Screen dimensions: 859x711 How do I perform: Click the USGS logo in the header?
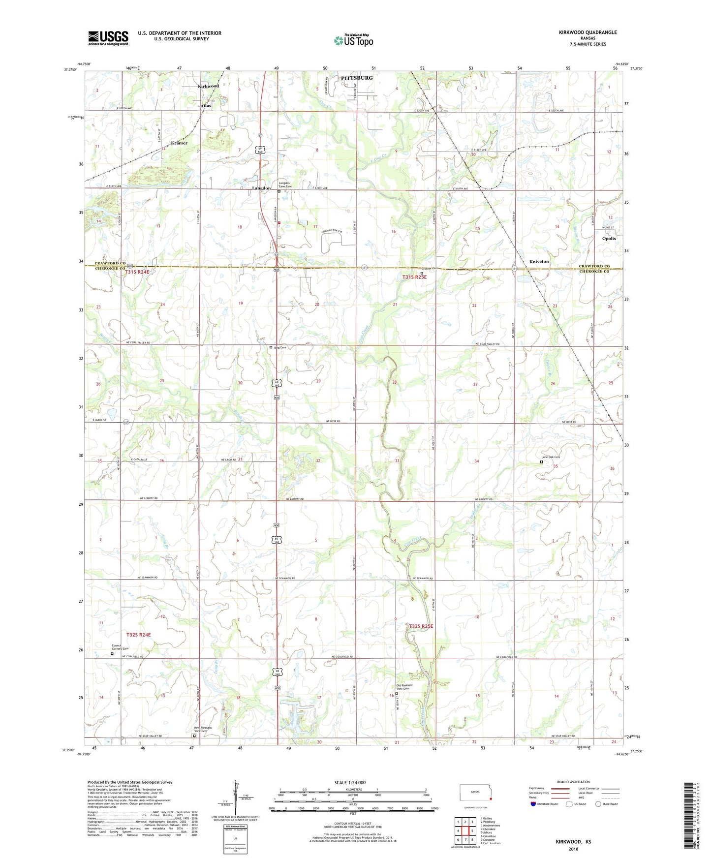(x=108, y=38)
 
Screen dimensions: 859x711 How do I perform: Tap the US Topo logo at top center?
(x=353, y=40)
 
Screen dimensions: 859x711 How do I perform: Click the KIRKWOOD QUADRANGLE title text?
(x=587, y=32)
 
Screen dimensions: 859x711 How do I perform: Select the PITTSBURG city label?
(x=357, y=78)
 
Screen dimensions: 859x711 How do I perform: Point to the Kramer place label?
(x=179, y=143)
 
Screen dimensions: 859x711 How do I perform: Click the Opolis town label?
(x=609, y=239)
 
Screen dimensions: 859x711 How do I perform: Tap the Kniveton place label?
(x=539, y=262)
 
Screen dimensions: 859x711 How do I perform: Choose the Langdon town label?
(x=261, y=188)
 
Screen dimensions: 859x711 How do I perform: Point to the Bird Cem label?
(x=279, y=347)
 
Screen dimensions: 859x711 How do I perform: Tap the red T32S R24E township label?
(x=138, y=635)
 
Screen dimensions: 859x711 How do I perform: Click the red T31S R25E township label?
(x=414, y=277)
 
